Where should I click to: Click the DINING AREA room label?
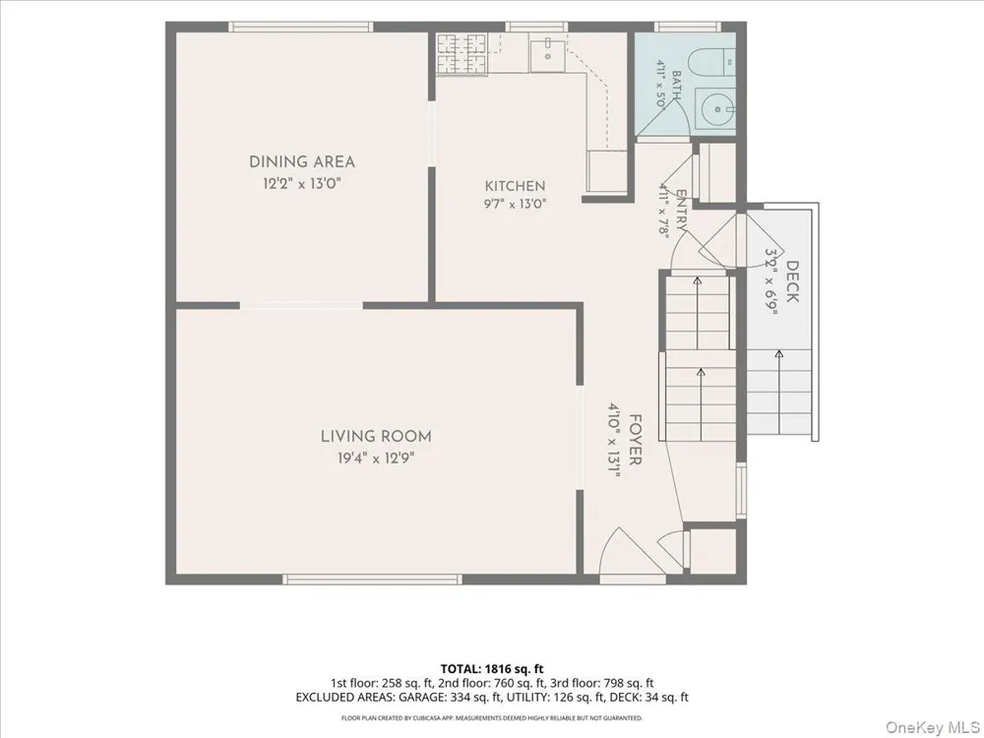(x=302, y=162)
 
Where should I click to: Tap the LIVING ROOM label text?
(x=376, y=436)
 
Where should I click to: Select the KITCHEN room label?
(x=516, y=186)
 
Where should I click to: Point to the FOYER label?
(x=635, y=439)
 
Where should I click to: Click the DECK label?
(x=792, y=281)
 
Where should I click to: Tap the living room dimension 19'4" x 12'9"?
(x=376, y=459)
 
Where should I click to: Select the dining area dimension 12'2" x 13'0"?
(x=302, y=184)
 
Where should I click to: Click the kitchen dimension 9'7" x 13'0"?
(x=516, y=204)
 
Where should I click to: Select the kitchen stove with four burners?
(x=461, y=53)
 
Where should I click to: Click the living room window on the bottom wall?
(x=372, y=580)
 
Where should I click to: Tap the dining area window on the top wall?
(x=300, y=27)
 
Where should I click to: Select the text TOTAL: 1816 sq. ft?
(x=492, y=669)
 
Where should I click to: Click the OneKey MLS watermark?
(x=932, y=727)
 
